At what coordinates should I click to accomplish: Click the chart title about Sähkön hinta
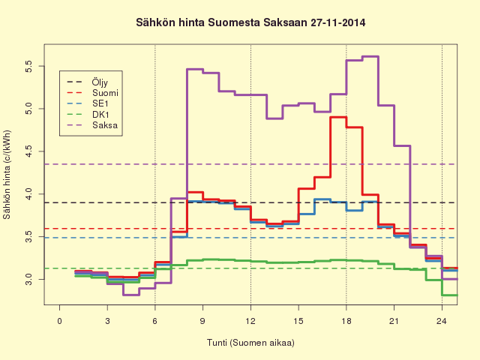250,23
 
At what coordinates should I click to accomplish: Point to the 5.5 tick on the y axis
28,66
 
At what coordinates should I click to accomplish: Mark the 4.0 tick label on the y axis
28,194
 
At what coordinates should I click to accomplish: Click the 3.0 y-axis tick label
28,280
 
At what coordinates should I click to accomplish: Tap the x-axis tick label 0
60,321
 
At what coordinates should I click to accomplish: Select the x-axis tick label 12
250,321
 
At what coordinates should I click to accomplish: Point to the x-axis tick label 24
442,321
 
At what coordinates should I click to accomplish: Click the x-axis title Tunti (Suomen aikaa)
250,343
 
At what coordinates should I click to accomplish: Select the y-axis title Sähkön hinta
7,175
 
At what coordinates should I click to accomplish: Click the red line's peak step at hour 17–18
338,117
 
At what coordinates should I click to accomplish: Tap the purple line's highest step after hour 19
370,56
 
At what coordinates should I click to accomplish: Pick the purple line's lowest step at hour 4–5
131,295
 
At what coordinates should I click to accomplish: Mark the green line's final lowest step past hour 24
450,295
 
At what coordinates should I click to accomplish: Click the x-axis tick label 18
346,321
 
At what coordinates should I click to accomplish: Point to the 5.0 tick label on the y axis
28,109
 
